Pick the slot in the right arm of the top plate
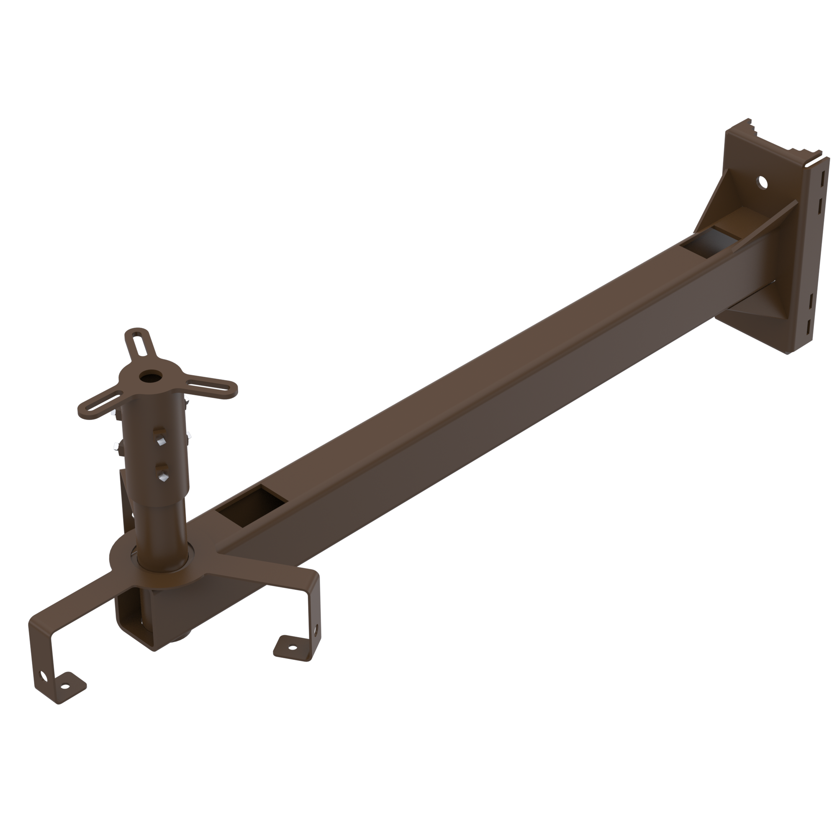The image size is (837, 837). tap(212, 386)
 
